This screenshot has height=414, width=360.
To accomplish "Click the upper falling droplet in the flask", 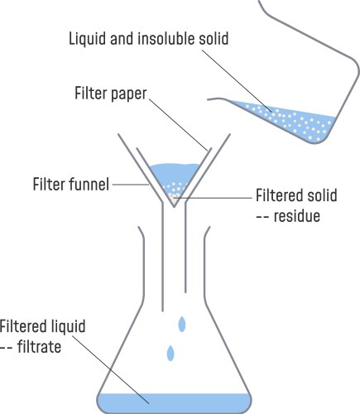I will click(181, 321).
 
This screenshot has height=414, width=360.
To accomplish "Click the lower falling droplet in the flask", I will click(171, 353).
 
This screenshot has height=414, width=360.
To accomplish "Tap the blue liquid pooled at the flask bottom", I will click(174, 403).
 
